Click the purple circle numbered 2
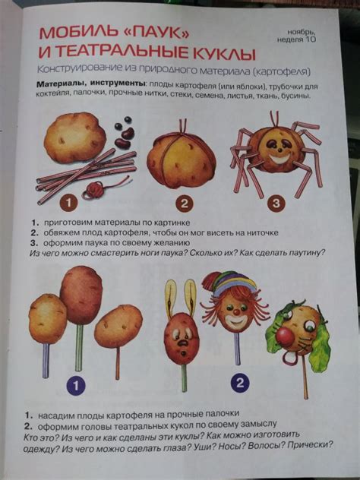click(240, 382)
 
